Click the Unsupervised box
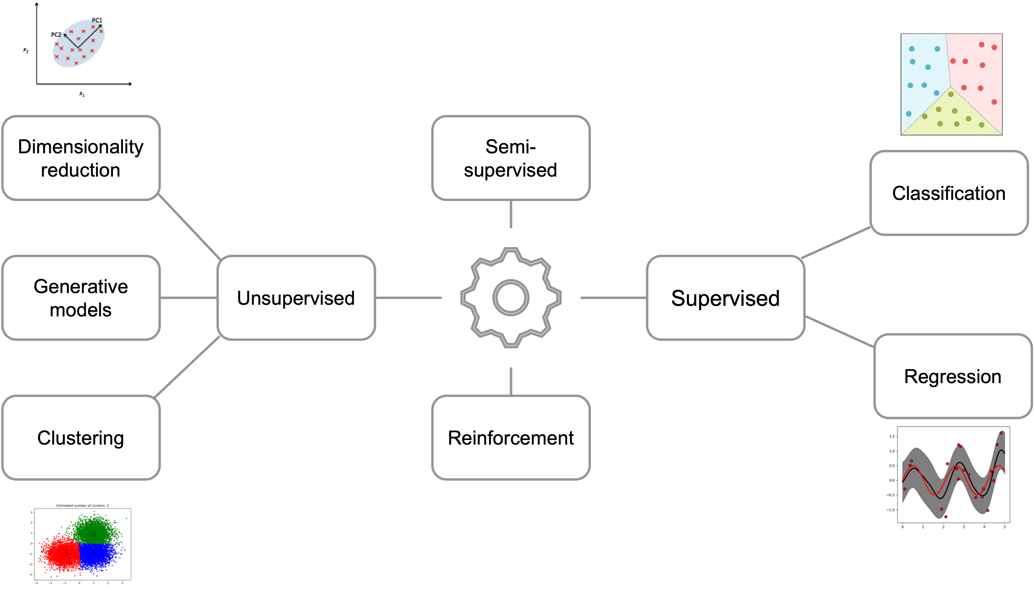point(296,298)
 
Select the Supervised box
point(725,298)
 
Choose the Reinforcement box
point(511,438)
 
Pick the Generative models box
point(81,298)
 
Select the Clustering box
point(81,438)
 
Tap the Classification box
point(949,193)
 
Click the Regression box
point(952,376)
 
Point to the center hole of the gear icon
point(511,298)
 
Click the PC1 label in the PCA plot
point(97,20)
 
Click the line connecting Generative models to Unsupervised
point(189,298)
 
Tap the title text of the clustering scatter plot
point(82,505)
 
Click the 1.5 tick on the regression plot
point(892,436)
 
